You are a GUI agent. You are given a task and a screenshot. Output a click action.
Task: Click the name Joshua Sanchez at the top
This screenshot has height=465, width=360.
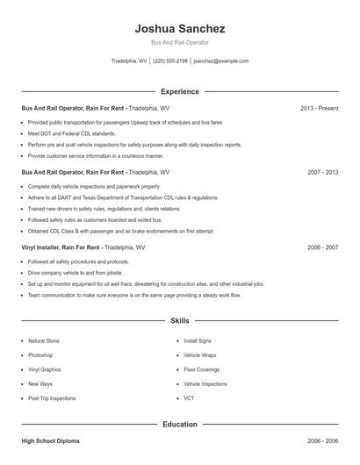coord(180,28)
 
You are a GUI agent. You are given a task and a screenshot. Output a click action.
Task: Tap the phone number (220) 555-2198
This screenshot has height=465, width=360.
coord(170,61)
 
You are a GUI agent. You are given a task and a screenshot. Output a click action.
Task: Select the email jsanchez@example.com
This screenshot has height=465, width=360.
coord(220,61)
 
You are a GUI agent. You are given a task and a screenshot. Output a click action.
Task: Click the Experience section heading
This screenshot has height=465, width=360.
coord(180,91)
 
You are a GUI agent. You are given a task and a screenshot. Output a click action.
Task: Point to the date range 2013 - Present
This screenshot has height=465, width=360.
coord(319,108)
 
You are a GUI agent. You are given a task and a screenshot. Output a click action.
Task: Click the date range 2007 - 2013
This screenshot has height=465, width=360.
coord(321,173)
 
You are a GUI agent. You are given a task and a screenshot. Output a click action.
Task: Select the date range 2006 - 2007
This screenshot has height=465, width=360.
coord(321,247)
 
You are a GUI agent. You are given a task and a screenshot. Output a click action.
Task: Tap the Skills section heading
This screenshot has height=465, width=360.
coord(180,322)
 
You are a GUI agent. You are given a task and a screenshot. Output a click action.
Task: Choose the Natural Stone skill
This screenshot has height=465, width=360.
coord(45,340)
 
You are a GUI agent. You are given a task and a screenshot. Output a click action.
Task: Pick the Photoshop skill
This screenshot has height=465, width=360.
coord(40,355)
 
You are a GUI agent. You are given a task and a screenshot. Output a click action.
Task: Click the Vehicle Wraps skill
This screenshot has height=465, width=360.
coord(201,355)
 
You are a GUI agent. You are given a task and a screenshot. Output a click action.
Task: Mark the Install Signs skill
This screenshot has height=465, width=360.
coord(198,340)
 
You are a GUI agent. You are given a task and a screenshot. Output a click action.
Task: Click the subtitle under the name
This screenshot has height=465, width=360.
coord(180,42)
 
